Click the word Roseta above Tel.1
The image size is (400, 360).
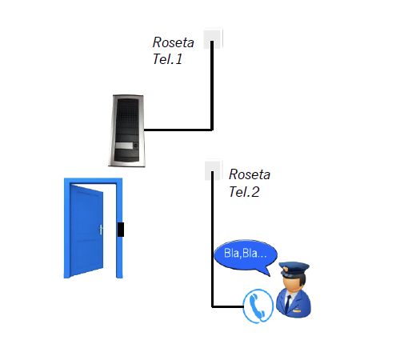173,42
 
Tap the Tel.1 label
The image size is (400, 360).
167,59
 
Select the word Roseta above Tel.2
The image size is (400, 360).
250,174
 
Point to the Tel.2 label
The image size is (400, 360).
244,192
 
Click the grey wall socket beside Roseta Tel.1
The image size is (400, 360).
213,39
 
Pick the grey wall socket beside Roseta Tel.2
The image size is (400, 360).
214,170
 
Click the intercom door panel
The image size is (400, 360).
127,130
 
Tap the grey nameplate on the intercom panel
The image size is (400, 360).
124,146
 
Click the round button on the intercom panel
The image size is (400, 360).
136,146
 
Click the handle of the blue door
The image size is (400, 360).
101,230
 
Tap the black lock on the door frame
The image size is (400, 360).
121,230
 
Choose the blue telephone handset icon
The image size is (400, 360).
258,306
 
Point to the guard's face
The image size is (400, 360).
290,284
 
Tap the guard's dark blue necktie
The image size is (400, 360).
288,303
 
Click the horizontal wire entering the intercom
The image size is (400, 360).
178,130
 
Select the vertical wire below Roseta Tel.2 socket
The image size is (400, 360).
213,239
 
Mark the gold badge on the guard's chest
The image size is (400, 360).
297,310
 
